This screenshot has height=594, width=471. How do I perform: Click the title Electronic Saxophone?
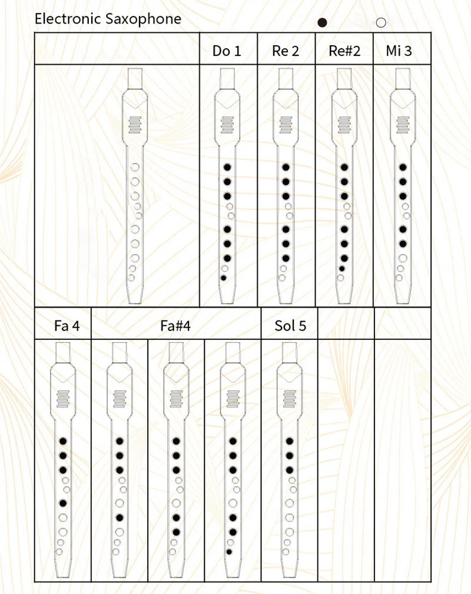pos(108,19)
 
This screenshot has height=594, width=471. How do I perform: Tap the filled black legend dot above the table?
pos(322,23)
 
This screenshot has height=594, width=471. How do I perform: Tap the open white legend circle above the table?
pos(381,23)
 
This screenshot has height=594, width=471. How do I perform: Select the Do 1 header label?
pos(227,51)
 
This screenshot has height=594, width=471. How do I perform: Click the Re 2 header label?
pos(286,51)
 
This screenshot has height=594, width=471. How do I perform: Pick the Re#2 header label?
pos(344,51)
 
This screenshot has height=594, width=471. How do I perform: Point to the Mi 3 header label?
pos(399,51)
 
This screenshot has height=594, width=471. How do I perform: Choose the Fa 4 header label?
pos(67,326)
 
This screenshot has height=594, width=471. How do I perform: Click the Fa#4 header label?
pos(175,326)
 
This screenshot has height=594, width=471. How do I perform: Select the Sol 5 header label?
pos(290,326)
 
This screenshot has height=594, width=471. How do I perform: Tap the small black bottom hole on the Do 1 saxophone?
pos(224,277)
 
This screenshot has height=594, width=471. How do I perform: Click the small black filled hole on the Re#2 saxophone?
pos(341,268)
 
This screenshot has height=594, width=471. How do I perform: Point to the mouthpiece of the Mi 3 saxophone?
pos(403,78)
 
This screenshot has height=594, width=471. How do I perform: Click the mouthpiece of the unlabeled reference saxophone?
pos(135,78)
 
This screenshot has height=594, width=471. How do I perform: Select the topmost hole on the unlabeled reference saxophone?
pos(135,167)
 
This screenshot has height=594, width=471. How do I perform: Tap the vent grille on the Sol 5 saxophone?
pos(290,398)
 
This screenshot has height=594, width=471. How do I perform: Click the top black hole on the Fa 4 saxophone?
pos(62,441)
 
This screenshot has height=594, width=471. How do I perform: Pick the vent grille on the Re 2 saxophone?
pos(286,124)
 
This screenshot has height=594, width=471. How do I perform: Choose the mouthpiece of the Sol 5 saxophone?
pos(290,352)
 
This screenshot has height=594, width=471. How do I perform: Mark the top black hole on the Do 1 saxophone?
pos(227,168)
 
